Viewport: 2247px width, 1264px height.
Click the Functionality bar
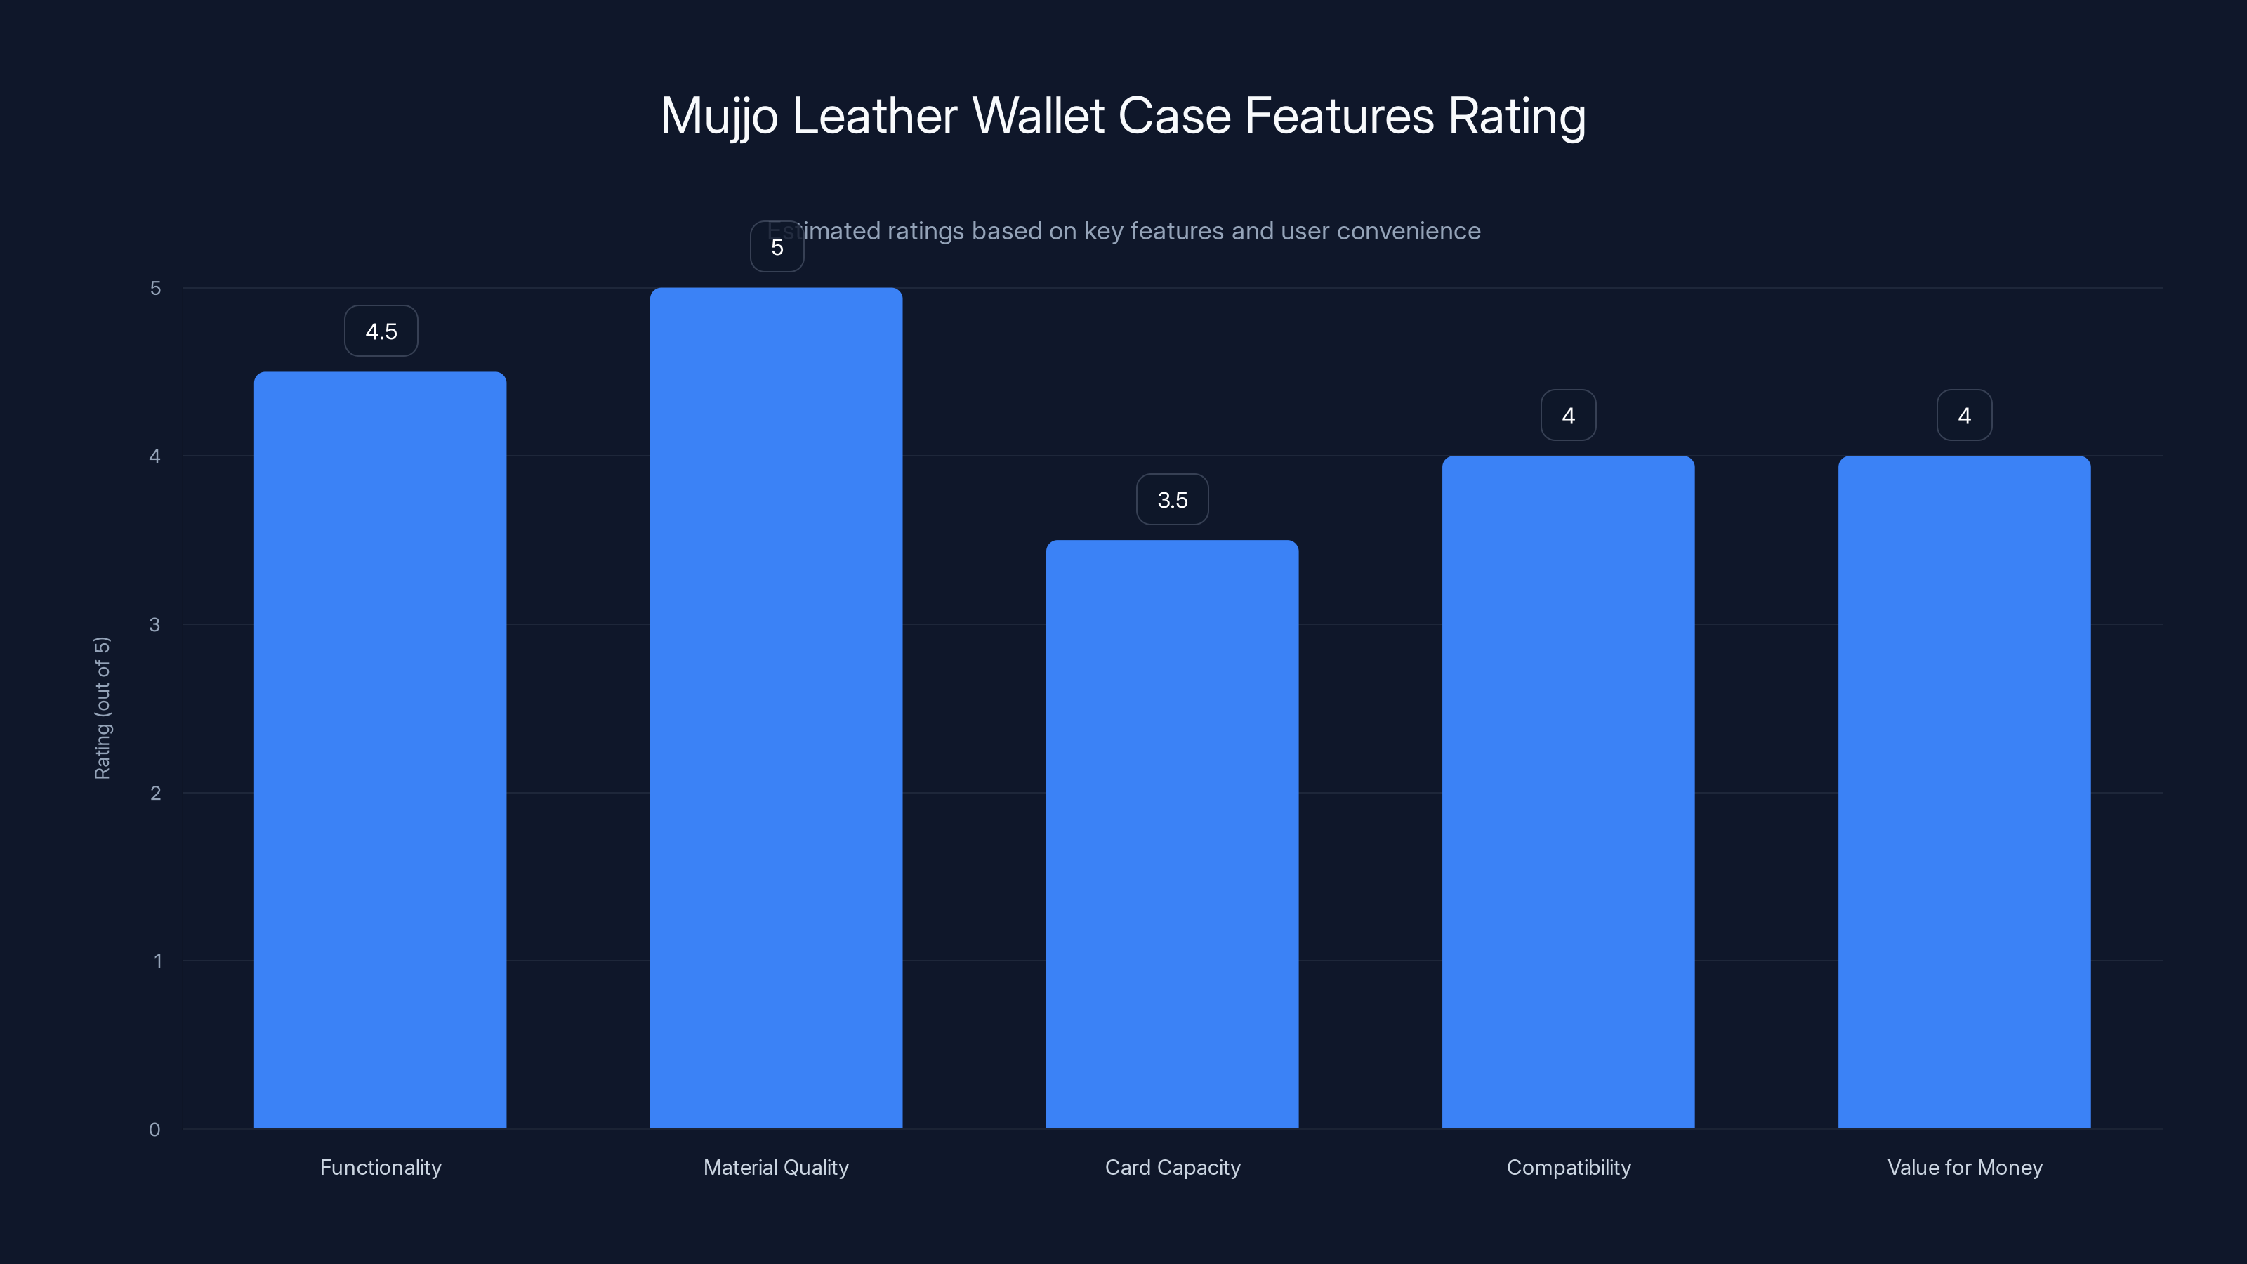(x=381, y=750)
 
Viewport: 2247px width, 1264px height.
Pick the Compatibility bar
(x=1569, y=792)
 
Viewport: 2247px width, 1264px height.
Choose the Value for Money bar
(x=1965, y=792)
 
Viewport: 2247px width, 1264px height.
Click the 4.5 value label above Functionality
(x=381, y=331)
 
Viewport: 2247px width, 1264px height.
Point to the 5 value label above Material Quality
(x=777, y=247)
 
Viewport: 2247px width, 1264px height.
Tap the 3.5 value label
(x=1173, y=500)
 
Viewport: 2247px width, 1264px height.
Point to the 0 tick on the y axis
(x=154, y=1130)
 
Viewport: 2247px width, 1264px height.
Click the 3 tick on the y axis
(x=154, y=624)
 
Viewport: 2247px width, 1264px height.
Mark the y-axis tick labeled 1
(x=158, y=961)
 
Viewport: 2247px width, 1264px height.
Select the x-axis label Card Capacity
(x=1173, y=1167)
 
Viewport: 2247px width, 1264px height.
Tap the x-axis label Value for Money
(x=1965, y=1167)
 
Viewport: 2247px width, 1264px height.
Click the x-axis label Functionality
(x=381, y=1167)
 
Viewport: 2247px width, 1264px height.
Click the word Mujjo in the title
(x=719, y=116)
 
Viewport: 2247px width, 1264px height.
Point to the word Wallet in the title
(x=1038, y=116)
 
